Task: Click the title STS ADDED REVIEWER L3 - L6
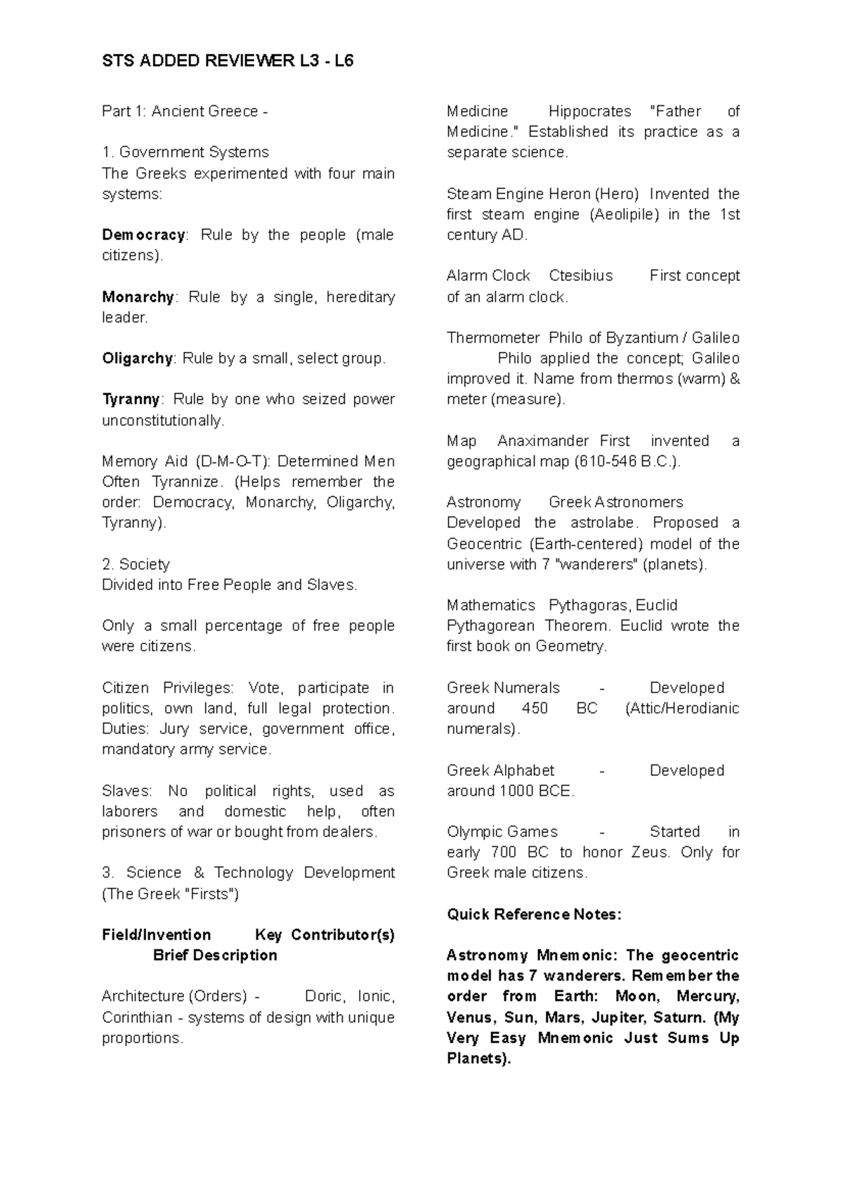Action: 228,61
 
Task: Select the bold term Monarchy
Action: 138,297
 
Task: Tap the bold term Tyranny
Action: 131,399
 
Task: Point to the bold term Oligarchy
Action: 137,358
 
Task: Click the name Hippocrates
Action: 589,111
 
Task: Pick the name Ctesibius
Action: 580,275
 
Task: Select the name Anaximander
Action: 544,441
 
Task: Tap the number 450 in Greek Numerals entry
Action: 535,708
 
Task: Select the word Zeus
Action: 655,852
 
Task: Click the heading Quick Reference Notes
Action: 534,914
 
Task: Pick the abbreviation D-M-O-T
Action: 235,461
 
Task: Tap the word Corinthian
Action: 137,1017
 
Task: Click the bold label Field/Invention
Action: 156,935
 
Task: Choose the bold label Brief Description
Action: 215,955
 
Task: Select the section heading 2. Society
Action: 136,564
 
